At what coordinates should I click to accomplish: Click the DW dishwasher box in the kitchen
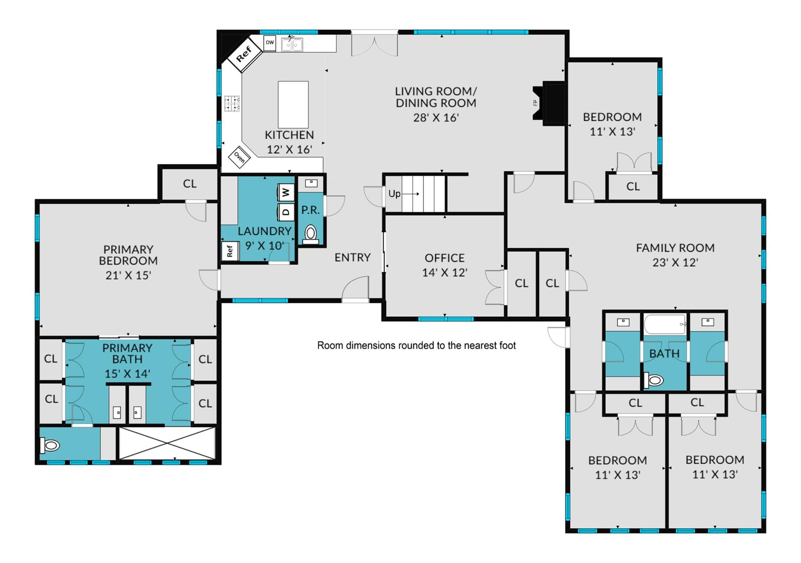[270, 43]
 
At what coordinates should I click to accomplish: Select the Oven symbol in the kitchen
[239, 157]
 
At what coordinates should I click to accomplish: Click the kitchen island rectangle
[293, 105]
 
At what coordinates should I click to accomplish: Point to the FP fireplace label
[535, 103]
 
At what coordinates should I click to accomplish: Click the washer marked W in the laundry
[286, 192]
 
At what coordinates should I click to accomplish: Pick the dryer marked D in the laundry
[286, 212]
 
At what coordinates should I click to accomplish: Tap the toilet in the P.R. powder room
[311, 235]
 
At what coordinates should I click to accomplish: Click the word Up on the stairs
[394, 194]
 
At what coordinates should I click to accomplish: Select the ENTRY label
[352, 257]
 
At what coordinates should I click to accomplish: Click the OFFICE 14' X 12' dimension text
[445, 272]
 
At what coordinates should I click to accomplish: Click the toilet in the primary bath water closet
[50, 445]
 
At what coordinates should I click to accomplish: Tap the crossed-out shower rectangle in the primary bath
[167, 443]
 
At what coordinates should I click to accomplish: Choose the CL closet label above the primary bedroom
[190, 184]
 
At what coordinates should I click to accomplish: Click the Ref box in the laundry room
[230, 251]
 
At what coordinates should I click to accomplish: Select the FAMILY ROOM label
[675, 248]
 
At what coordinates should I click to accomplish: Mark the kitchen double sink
[292, 45]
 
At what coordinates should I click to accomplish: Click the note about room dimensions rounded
[417, 345]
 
